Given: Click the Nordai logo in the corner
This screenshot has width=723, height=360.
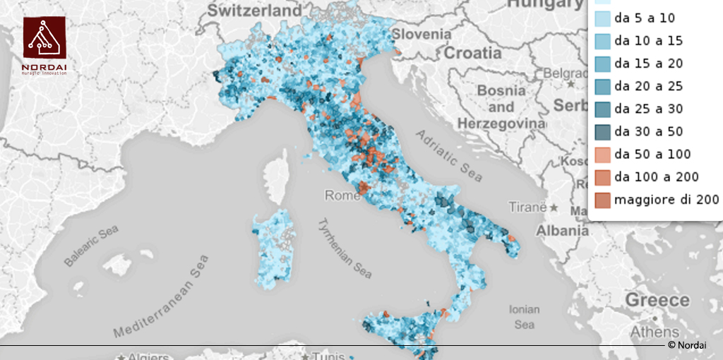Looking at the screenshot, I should (x=44, y=44).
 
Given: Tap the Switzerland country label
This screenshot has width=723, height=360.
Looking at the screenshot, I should (x=253, y=11).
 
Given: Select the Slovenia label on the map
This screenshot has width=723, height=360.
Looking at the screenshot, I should (x=422, y=34).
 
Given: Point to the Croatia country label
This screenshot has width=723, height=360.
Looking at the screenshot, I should (x=473, y=53).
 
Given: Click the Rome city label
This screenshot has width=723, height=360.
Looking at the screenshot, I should (x=342, y=196).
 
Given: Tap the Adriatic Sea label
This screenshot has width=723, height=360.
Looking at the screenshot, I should (x=448, y=155).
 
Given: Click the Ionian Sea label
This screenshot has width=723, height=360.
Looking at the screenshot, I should (x=524, y=317).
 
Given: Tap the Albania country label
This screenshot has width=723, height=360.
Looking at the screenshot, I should (x=562, y=231).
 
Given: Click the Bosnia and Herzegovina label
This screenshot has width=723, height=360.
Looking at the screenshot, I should (x=501, y=107).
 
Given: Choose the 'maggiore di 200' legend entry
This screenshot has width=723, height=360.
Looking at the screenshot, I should (x=666, y=199).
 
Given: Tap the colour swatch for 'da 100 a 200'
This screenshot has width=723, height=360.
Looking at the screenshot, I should (x=601, y=176).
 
